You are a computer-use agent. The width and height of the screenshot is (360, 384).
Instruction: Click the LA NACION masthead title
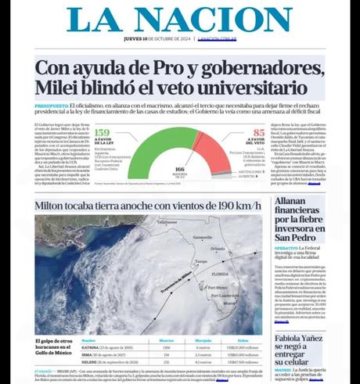click(181, 20)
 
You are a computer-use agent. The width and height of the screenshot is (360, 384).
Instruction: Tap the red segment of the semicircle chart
click(214, 145)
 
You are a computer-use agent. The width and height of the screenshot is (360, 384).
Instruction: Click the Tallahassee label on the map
click(167, 223)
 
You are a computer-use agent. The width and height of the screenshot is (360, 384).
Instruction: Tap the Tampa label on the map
click(201, 261)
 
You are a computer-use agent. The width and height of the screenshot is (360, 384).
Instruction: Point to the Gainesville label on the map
click(202, 237)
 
